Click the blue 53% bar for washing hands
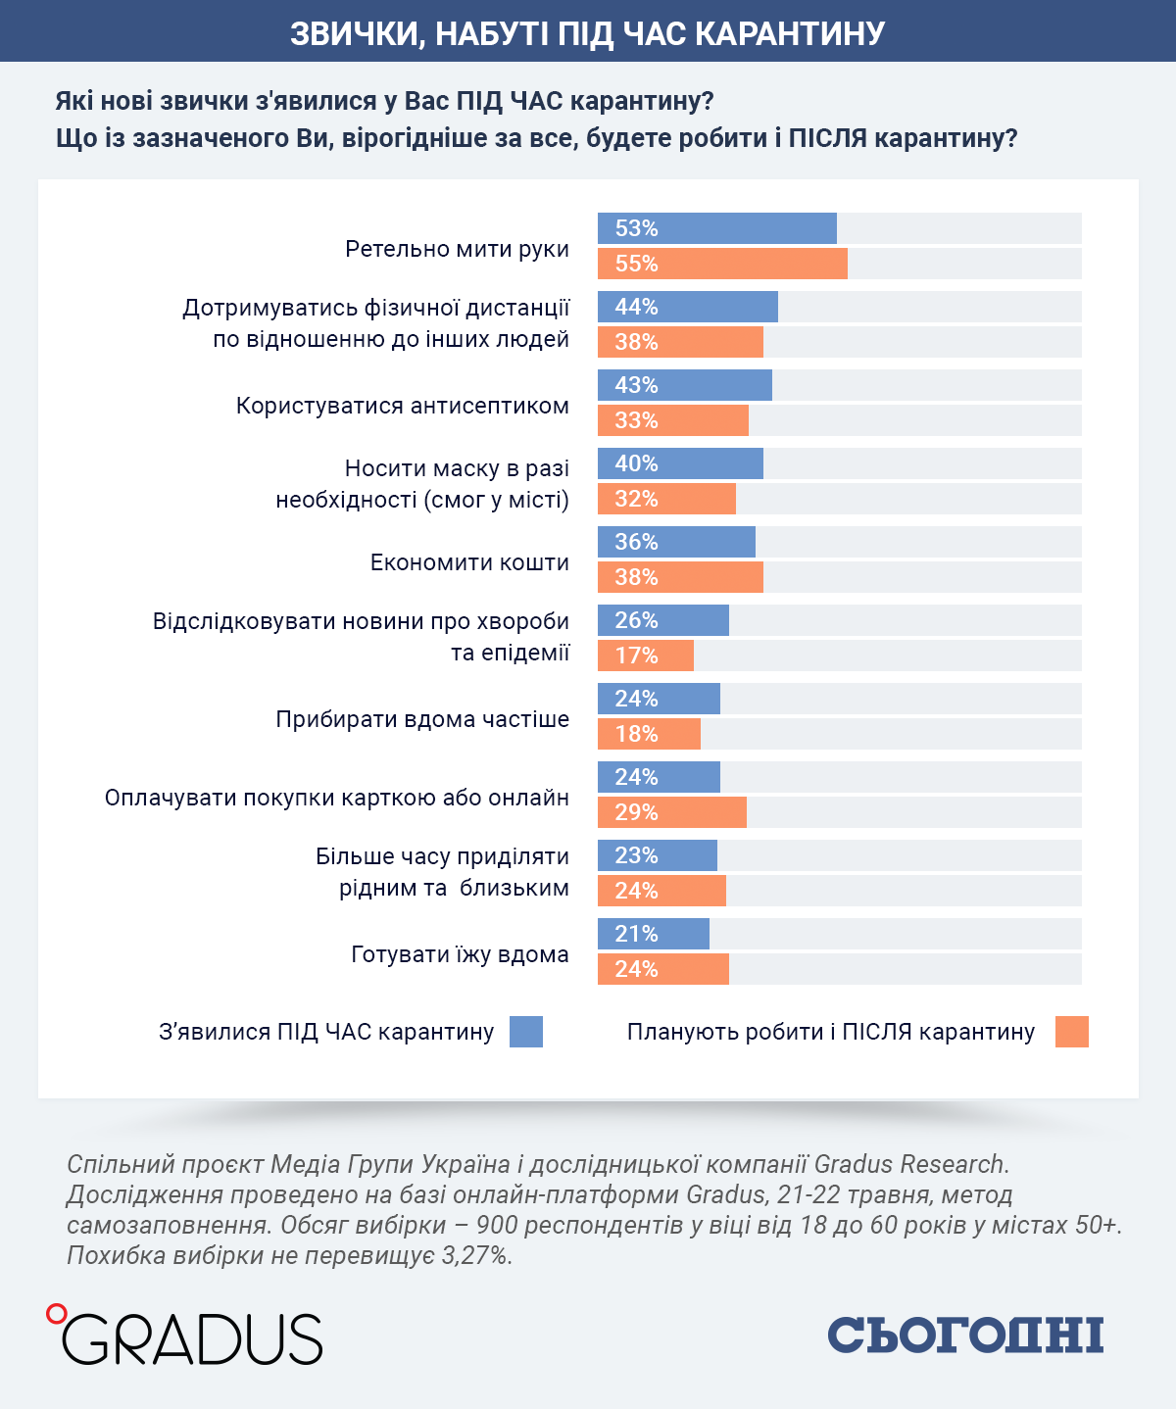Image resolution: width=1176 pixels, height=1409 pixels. click(x=717, y=228)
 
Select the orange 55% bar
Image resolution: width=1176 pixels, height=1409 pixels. click(x=722, y=264)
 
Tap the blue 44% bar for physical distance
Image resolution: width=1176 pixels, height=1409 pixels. click(x=687, y=307)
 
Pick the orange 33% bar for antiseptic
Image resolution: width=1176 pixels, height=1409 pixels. click(x=673, y=419)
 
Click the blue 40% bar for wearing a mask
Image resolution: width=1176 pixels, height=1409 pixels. click(x=680, y=462)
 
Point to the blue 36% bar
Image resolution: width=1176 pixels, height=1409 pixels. click(x=676, y=541)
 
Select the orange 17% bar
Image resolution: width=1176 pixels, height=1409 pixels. click(x=646, y=655)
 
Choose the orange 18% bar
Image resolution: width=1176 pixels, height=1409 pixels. click(x=649, y=734)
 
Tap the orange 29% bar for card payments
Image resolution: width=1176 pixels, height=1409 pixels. click(x=671, y=812)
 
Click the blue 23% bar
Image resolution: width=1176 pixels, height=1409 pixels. click(x=657, y=855)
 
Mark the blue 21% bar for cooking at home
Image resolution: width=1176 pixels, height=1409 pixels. click(x=654, y=933)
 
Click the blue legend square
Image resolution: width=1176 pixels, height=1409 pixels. click(x=526, y=1032)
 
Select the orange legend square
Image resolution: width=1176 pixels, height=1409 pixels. click(x=1072, y=1032)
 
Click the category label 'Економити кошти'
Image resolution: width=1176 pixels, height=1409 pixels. click(x=469, y=562)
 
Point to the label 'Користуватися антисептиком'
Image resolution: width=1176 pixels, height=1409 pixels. click(x=403, y=406)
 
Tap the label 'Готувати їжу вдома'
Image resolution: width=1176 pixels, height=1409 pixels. click(x=460, y=954)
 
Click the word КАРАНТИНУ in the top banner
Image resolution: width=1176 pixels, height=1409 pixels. click(x=790, y=33)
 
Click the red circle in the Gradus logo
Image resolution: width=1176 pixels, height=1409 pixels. click(x=57, y=1314)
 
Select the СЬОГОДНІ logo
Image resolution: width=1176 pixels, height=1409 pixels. click(x=965, y=1335)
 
